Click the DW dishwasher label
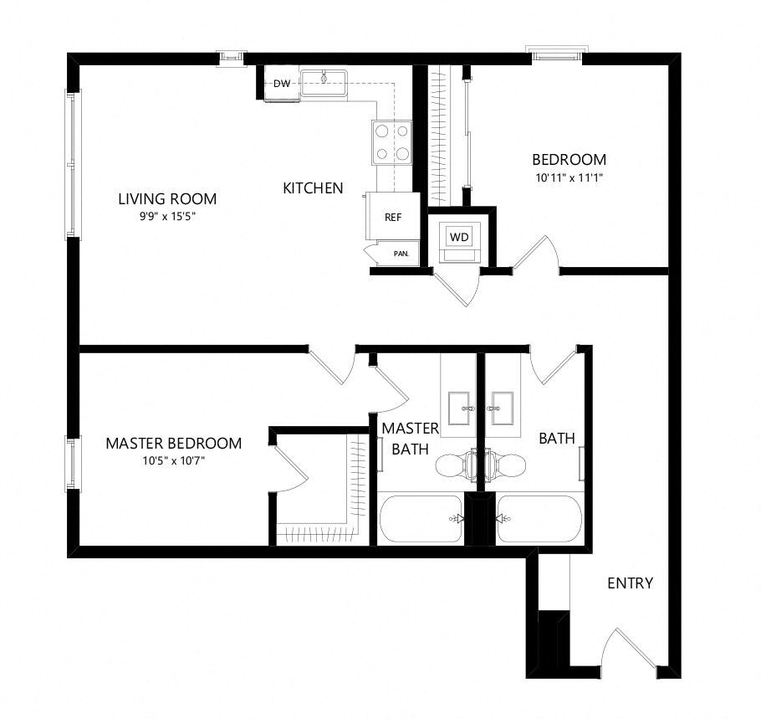tap(282, 84)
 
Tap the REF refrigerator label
tap(393, 218)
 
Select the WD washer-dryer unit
tap(459, 241)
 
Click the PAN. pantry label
tap(401, 254)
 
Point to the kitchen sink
tap(324, 83)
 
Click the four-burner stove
tap(392, 142)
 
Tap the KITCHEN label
tap(313, 188)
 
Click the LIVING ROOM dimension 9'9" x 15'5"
tap(167, 217)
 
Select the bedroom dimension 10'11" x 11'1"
tap(569, 177)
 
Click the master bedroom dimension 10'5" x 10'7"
tap(174, 460)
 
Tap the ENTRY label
tap(630, 583)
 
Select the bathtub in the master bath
tap(421, 519)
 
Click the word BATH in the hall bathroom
tap(557, 439)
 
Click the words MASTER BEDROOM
tap(174, 443)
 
